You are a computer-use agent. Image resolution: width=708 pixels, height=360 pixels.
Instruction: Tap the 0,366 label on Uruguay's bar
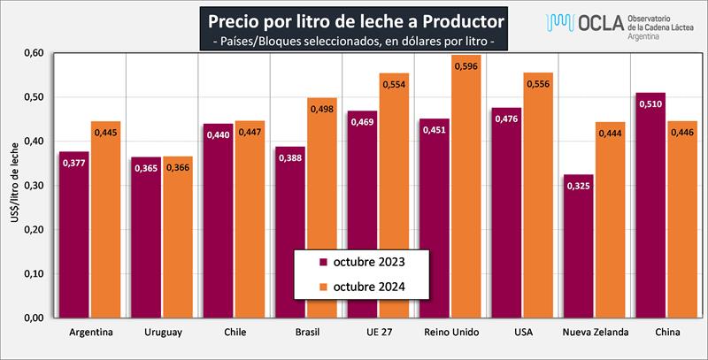tap(177, 166)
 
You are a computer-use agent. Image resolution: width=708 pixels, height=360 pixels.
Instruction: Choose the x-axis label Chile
tap(234, 333)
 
